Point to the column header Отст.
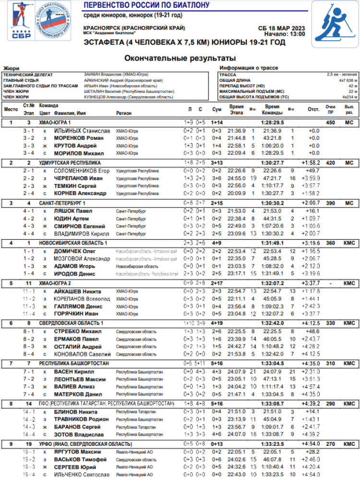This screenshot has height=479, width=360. point(313,110)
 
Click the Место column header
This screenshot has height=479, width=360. point(11,109)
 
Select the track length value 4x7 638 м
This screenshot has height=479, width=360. point(348,80)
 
